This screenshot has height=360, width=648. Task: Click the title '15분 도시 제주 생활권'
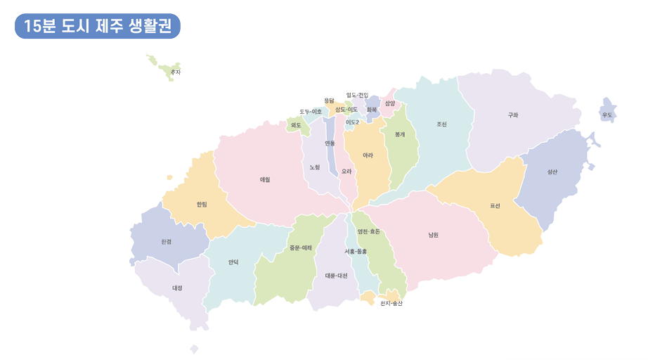point(97,27)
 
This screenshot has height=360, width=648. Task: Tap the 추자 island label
point(176,72)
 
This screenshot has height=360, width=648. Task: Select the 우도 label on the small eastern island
point(607,115)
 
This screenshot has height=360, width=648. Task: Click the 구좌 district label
point(513,115)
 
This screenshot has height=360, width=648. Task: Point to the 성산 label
point(552,172)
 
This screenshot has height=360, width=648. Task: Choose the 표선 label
point(495,206)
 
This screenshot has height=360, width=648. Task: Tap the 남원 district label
point(433,235)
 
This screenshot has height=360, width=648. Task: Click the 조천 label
point(441,124)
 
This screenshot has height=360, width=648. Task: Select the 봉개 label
point(400,134)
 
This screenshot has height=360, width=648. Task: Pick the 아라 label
point(368,155)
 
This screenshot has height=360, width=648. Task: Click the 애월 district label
point(265,179)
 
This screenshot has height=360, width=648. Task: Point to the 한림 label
point(202,205)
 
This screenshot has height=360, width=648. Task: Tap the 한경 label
point(166,241)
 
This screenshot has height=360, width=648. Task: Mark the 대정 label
point(177,288)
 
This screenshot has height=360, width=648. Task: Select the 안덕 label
point(233,262)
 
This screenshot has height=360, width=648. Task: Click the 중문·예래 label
point(301,247)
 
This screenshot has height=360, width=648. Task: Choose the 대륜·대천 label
point(336,276)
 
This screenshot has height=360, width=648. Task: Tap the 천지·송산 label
point(391,303)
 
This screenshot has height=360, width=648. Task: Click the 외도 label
point(296,125)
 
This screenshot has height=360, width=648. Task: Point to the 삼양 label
point(390,103)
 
